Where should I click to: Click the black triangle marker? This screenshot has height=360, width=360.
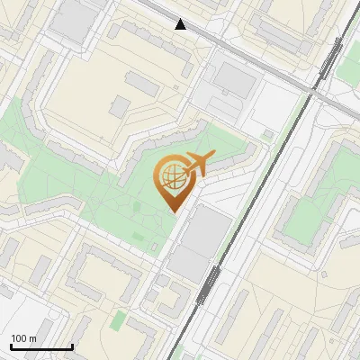[181, 24]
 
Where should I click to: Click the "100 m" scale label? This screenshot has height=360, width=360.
[24, 338]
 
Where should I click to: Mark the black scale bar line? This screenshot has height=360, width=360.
[40, 346]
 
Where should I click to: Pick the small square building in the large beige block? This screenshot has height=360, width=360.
[121, 107]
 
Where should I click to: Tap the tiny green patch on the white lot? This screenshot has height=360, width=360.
[267, 135]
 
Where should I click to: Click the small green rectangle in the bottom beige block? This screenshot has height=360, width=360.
[118, 319]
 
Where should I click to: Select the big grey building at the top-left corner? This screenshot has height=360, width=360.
[70, 18]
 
